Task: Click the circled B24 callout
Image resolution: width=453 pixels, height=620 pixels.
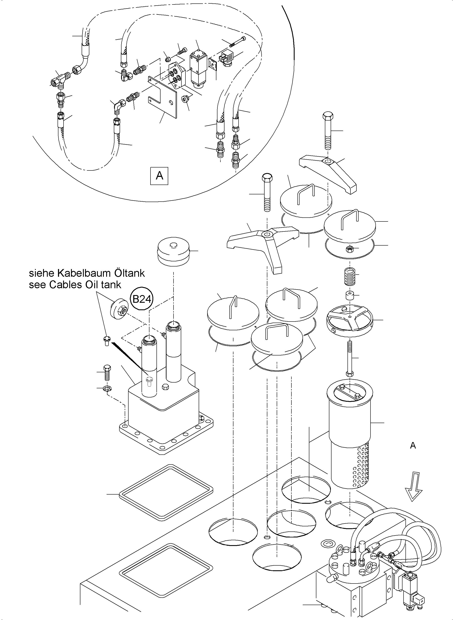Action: pyautogui.click(x=142, y=299)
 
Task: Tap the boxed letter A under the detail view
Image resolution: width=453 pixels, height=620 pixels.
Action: pyautogui.click(x=159, y=176)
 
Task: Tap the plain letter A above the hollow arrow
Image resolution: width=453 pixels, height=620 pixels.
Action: pyautogui.click(x=413, y=445)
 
